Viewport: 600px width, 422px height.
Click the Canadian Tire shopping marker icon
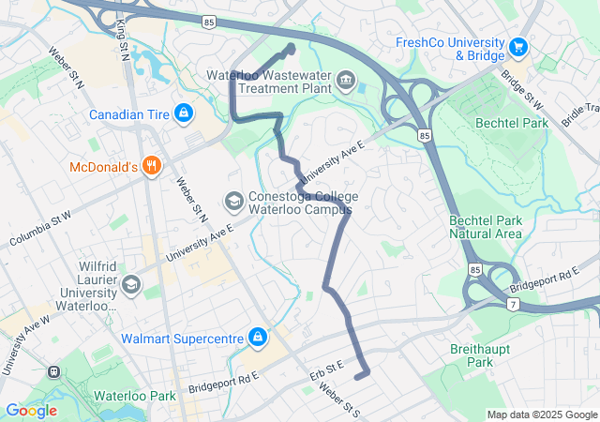point(183,114)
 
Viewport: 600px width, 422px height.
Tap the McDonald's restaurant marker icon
point(152,168)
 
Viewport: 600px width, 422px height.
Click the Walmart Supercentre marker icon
point(256,337)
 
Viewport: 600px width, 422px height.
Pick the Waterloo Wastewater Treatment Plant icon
point(347,81)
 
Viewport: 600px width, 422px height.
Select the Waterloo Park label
point(134,396)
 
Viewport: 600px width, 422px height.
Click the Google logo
point(31,410)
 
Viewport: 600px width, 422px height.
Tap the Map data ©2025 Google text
point(542,415)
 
